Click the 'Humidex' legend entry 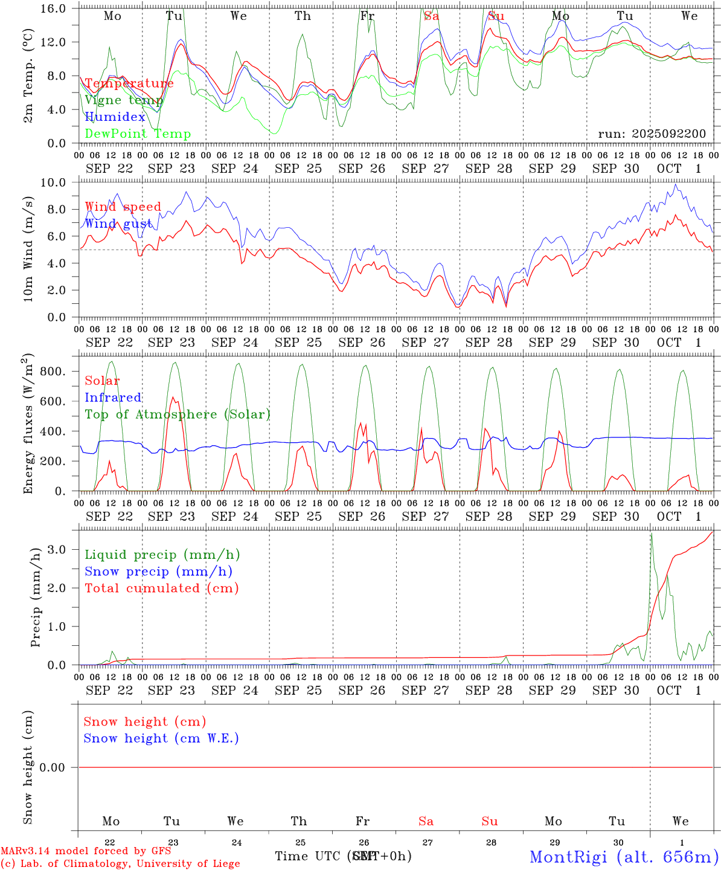click(115, 117)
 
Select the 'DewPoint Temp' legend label click(138, 134)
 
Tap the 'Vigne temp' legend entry click(124, 100)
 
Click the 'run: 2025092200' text click(652, 134)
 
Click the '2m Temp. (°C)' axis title click(28, 76)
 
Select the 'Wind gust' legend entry click(118, 224)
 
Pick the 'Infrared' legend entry click(113, 398)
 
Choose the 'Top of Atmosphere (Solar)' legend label click(177, 414)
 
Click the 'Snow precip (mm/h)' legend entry click(158, 572)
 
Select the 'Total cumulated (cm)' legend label click(161, 588)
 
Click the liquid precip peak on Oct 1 click(651, 534)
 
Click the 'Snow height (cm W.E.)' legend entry click(161, 738)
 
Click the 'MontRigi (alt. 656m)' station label click(624, 856)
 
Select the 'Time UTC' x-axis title click(308, 856)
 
